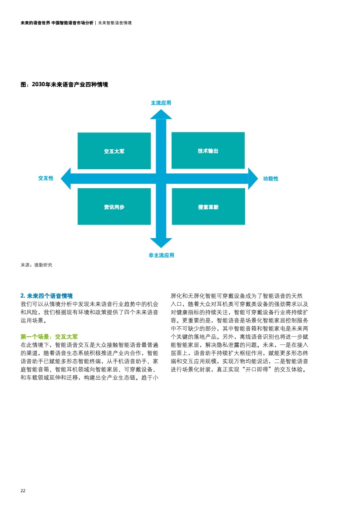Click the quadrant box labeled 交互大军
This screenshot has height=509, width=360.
pos(114,151)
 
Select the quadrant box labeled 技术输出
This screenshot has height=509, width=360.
pos(208,150)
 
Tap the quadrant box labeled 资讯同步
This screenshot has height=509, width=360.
pos(114,206)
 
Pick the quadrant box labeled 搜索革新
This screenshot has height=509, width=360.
pos(208,206)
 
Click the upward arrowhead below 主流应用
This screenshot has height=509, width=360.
pos(161,114)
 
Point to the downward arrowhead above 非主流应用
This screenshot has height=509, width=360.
pos(161,243)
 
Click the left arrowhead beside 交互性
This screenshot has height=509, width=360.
pos(66,179)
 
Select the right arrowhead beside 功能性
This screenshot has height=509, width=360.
pos(253,179)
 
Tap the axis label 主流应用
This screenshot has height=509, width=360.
pos(161,103)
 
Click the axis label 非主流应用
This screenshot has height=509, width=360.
pos(161,255)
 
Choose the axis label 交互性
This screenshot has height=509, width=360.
pos(46,178)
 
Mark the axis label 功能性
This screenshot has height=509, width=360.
pos(271,179)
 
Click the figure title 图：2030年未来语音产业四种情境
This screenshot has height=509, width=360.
pos(64,84)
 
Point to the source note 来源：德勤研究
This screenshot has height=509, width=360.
pos(36,265)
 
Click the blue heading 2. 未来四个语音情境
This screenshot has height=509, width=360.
pos(46,296)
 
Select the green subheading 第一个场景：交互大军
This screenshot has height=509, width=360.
pos(49,337)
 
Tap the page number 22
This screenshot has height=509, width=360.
pos(23,490)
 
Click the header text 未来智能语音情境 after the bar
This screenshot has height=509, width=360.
pos(115,23)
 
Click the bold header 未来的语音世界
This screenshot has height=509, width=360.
pos(35,23)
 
